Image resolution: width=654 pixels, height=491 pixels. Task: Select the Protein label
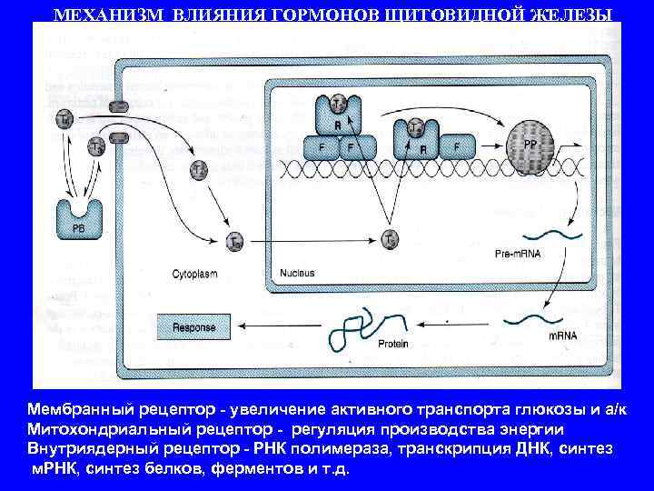coord(392,345)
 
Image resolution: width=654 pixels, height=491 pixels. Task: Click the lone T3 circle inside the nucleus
coord(389,240)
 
